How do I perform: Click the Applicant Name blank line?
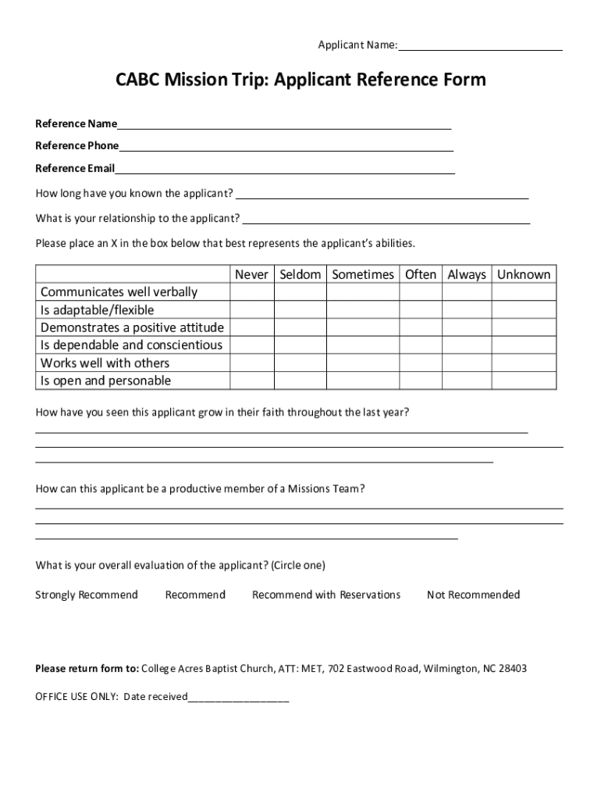pos(479,46)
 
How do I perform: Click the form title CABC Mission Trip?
pos(300,80)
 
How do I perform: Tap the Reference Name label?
pos(76,123)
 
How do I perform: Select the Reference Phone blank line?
pos(286,146)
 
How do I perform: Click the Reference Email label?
pos(75,168)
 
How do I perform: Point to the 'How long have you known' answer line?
pos(382,194)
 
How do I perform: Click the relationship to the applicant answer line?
pos(386,219)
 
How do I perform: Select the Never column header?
pos(251,274)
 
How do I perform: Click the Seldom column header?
pos(300,274)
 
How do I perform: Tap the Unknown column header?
pos(524,274)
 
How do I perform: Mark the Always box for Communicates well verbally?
pos(467,292)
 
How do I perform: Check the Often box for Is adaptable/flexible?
pos(421,310)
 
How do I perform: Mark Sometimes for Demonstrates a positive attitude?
pos(363,327)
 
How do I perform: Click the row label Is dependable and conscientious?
pos(131,345)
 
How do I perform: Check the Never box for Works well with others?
pos(251,362)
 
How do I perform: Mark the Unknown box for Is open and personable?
pos(524,380)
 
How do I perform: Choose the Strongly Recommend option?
pos(87,595)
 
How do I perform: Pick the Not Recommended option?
pos(473,595)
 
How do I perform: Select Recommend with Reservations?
pos(326,595)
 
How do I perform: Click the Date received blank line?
pos(238,697)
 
